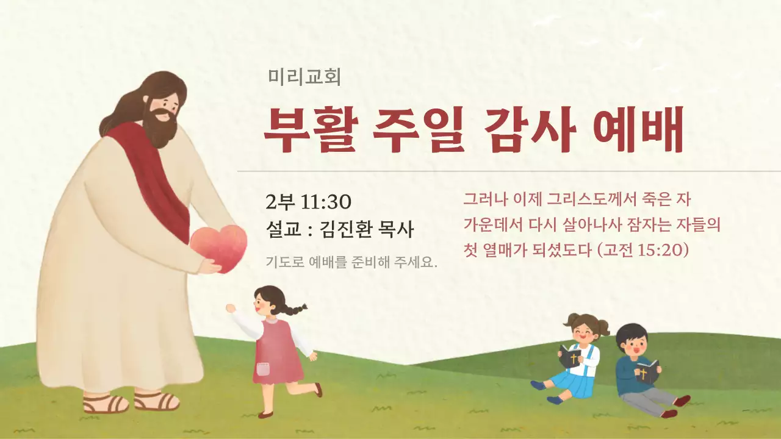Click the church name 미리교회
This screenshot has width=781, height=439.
(304, 77)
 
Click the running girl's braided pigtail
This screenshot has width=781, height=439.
(294, 310)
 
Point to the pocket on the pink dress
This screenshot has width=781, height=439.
(262, 369)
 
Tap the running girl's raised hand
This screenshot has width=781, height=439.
(231, 309)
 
